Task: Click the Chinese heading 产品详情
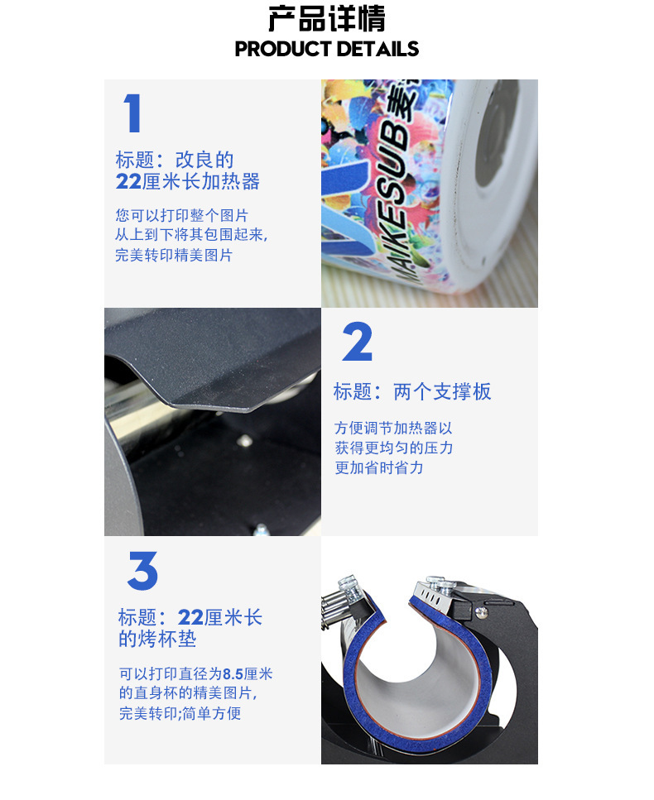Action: tap(326, 19)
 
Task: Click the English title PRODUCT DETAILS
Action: tap(326, 49)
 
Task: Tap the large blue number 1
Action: tap(132, 113)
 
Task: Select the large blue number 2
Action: tap(358, 343)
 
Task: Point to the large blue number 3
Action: tap(142, 570)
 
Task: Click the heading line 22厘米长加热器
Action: tap(188, 181)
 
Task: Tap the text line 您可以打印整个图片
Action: tap(182, 215)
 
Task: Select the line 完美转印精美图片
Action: tap(174, 255)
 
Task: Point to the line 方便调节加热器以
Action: tap(393, 429)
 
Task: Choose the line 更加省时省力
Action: tap(378, 467)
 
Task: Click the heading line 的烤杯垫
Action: tap(157, 639)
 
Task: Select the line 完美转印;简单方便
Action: tap(180, 712)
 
